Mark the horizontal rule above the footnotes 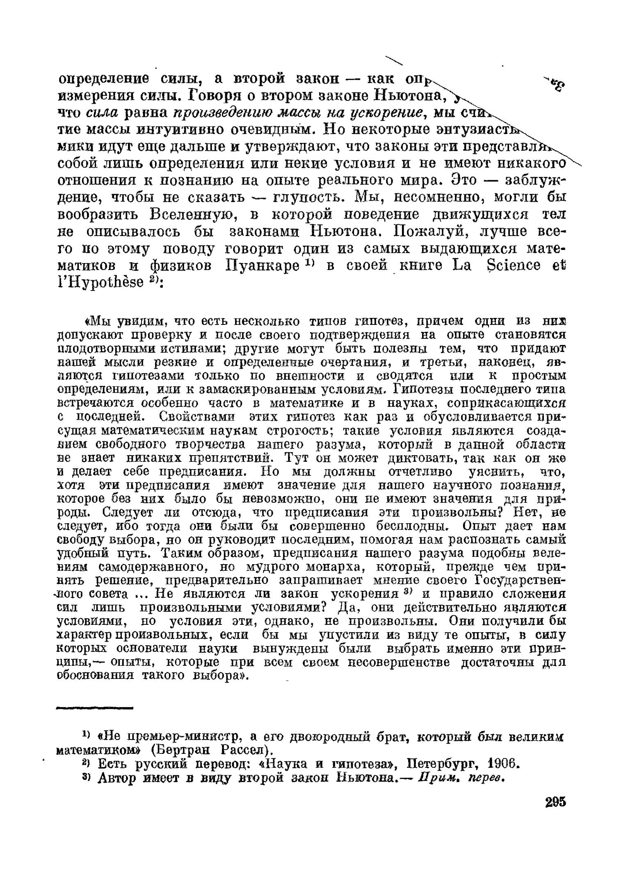(x=95, y=708)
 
